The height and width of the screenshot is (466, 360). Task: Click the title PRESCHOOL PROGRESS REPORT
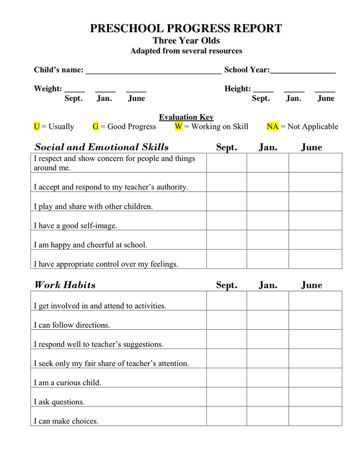point(186,28)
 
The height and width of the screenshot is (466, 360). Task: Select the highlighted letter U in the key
point(37,126)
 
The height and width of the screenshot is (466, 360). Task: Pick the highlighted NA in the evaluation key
point(273,126)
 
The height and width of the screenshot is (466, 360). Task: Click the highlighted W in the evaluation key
point(178,126)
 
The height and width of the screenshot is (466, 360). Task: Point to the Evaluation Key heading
point(186,118)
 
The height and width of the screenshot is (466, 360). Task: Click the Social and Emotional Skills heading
point(101,147)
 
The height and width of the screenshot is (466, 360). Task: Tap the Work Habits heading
point(65,285)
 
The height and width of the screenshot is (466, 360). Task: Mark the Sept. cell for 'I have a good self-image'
point(227,221)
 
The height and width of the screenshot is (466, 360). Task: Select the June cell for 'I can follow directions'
point(315,320)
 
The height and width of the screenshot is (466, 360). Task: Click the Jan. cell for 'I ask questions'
point(267,397)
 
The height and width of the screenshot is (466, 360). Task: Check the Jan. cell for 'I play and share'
point(267,201)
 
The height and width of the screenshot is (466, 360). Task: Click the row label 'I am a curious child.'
point(68,383)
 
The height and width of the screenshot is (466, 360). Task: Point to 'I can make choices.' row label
point(66,421)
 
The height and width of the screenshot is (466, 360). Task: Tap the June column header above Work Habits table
point(311,285)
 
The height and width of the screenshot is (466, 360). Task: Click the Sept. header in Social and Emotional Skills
point(227,148)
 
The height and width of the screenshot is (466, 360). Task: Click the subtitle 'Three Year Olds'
point(186,41)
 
